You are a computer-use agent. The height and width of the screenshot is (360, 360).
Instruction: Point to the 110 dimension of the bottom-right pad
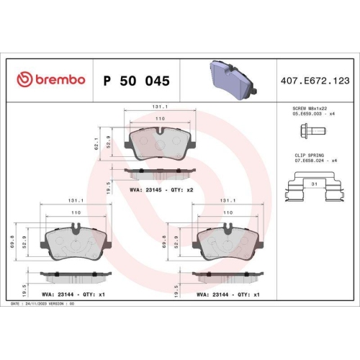(x=228, y=213)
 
